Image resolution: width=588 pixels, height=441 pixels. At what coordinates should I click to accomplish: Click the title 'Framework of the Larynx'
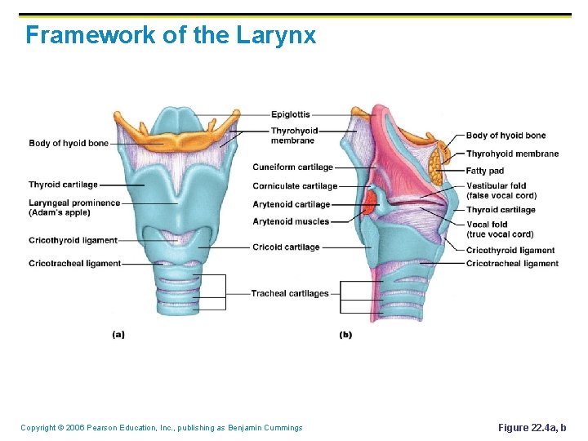click(170, 36)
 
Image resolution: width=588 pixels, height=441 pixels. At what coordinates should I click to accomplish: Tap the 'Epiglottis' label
click(290, 114)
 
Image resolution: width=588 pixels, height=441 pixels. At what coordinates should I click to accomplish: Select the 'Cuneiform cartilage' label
click(293, 167)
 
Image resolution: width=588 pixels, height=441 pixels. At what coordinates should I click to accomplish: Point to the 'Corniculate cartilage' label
click(295, 186)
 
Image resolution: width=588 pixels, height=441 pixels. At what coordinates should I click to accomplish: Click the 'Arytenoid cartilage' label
click(292, 204)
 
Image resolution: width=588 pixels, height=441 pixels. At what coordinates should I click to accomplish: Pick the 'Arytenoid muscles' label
click(291, 221)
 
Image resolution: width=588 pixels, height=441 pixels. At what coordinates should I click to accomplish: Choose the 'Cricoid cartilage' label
click(286, 247)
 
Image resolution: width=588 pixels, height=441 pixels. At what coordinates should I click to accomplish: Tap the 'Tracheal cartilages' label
click(290, 294)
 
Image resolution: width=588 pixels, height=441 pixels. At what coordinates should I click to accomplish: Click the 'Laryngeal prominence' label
click(74, 203)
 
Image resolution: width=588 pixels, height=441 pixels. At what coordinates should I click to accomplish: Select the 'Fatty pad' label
click(485, 171)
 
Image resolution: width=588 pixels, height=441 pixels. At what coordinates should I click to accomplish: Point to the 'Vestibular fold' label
click(496, 186)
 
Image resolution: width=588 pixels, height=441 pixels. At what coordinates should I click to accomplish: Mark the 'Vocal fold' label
click(487, 225)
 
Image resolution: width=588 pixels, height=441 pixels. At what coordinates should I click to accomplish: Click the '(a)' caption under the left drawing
click(118, 333)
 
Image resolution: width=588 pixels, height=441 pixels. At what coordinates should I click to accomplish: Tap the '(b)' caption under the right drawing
click(345, 335)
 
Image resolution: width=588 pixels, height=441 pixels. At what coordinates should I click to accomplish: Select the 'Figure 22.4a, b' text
click(532, 428)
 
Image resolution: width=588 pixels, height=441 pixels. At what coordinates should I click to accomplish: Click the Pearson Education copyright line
click(162, 428)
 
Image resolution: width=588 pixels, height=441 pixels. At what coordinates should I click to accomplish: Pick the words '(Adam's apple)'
click(60, 213)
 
